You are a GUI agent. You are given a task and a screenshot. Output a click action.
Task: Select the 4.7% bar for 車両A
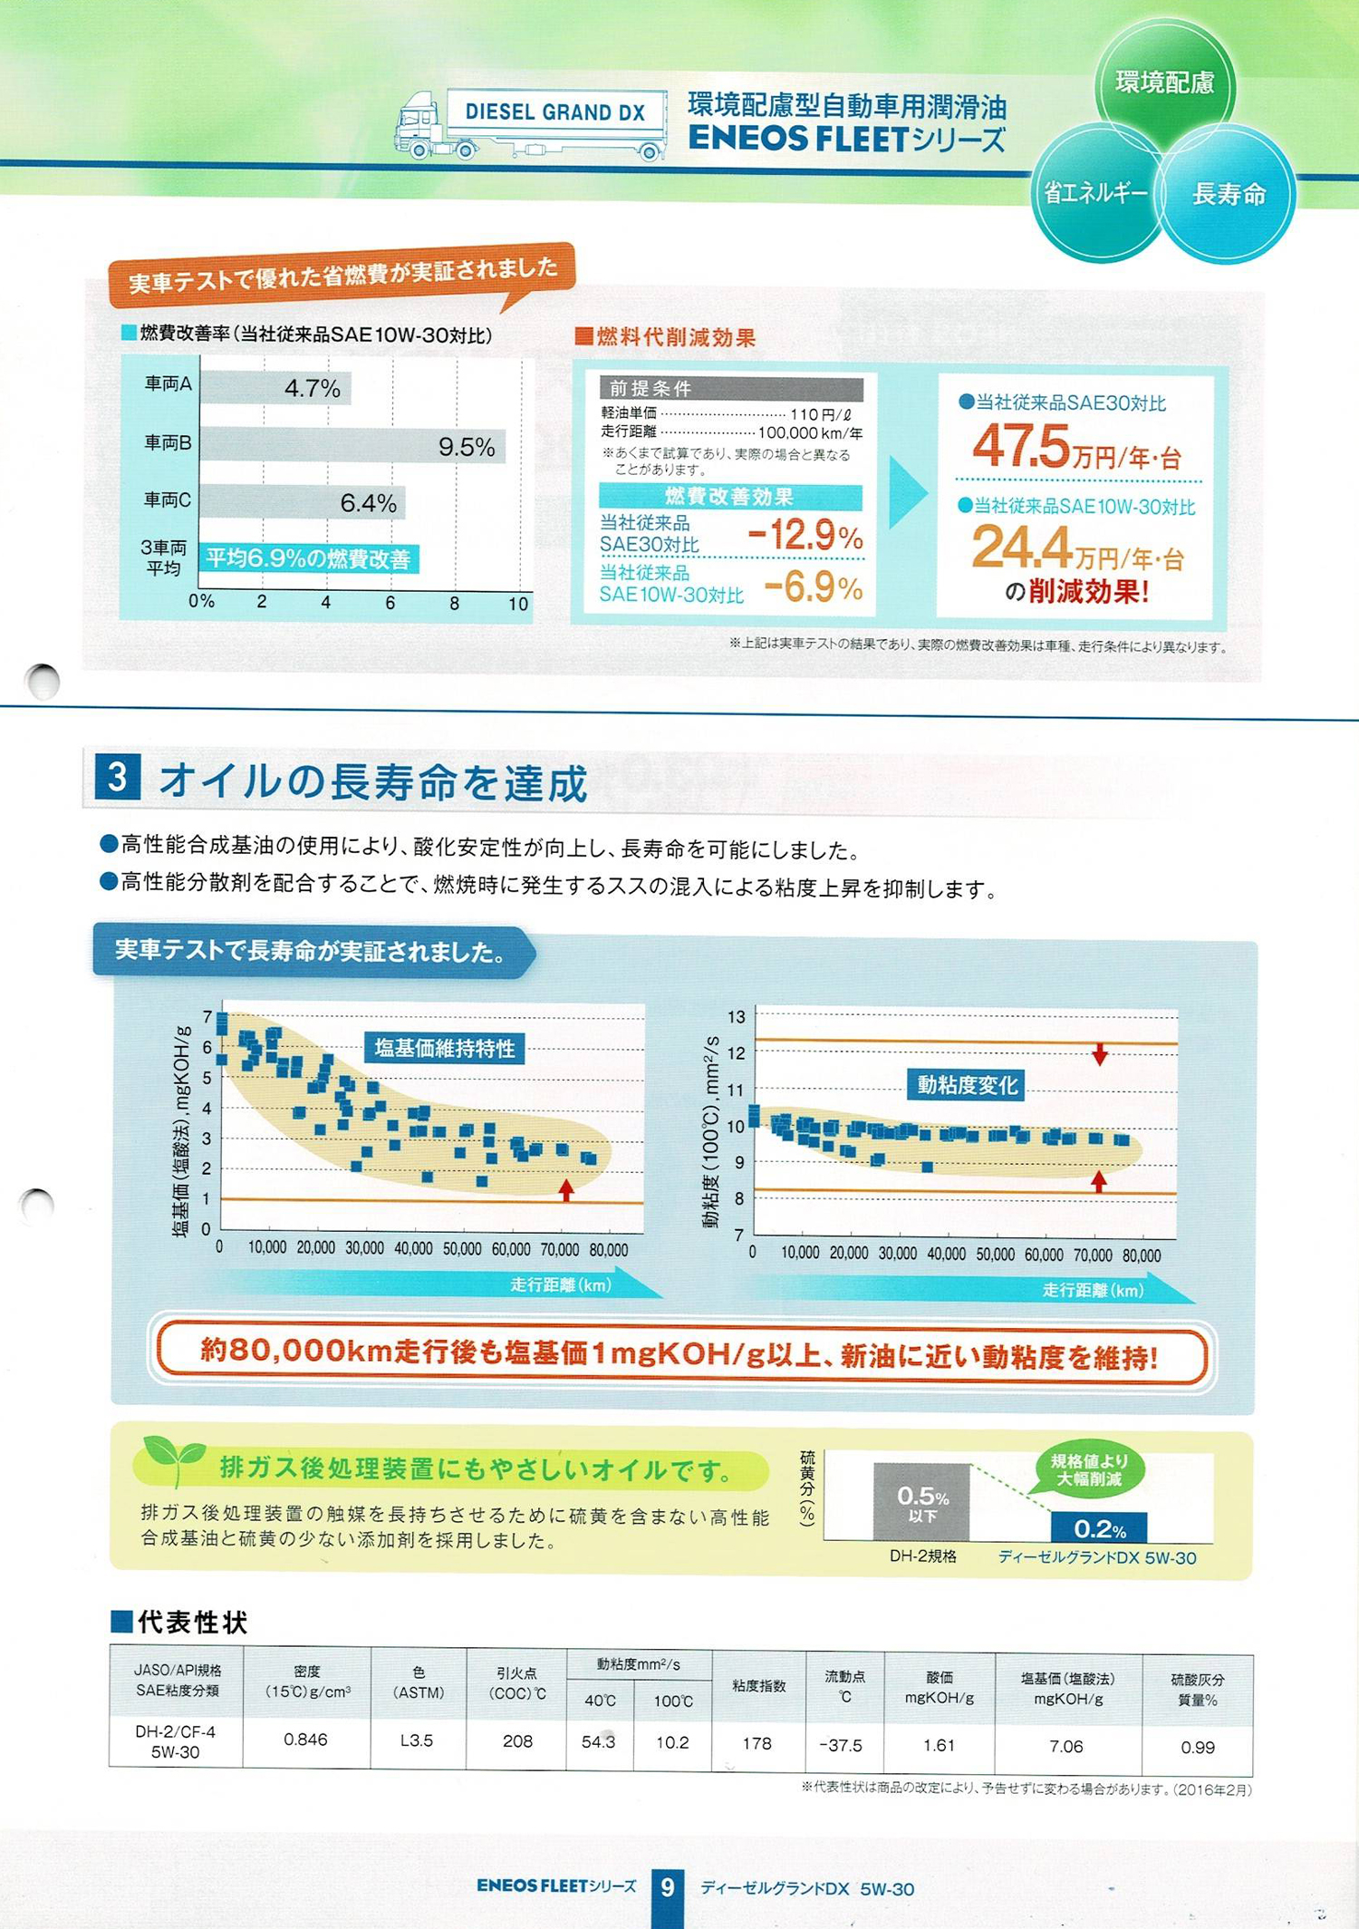275,388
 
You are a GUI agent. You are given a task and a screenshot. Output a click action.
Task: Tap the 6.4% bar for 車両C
302,502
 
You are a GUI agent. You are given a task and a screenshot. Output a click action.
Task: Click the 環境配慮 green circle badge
1164,83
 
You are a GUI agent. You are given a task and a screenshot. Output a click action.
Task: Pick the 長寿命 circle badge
1229,194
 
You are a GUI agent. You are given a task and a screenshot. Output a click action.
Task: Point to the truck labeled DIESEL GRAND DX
531,125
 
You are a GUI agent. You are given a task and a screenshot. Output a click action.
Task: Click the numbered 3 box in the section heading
117,778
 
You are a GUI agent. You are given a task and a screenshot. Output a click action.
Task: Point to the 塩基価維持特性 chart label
444,1049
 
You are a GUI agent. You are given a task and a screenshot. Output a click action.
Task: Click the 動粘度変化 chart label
967,1084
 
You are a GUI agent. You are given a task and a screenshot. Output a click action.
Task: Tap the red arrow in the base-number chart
566,1189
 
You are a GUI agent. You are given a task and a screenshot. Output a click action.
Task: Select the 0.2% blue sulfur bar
1099,1527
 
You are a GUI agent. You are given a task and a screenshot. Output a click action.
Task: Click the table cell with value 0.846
305,1740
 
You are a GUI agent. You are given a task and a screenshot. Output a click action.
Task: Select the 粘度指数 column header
758,1685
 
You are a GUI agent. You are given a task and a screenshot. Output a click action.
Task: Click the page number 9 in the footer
668,1887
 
